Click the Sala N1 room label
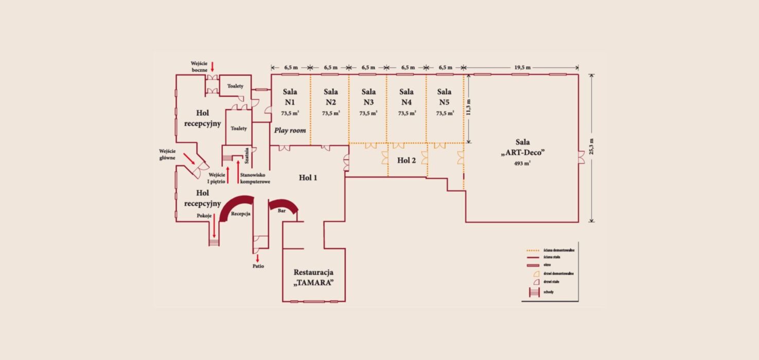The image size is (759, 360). coord(289,96)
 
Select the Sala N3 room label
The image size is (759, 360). coord(368,96)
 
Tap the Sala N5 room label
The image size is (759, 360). coord(444,96)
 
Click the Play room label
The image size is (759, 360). coord(290,131)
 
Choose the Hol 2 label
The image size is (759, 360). coord(407,160)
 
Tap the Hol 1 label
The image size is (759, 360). coord(308,178)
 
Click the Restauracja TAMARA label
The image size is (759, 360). coord(313,277)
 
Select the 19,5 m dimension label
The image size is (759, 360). coord(522,67)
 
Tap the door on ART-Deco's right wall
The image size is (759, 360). coord(581,158)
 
